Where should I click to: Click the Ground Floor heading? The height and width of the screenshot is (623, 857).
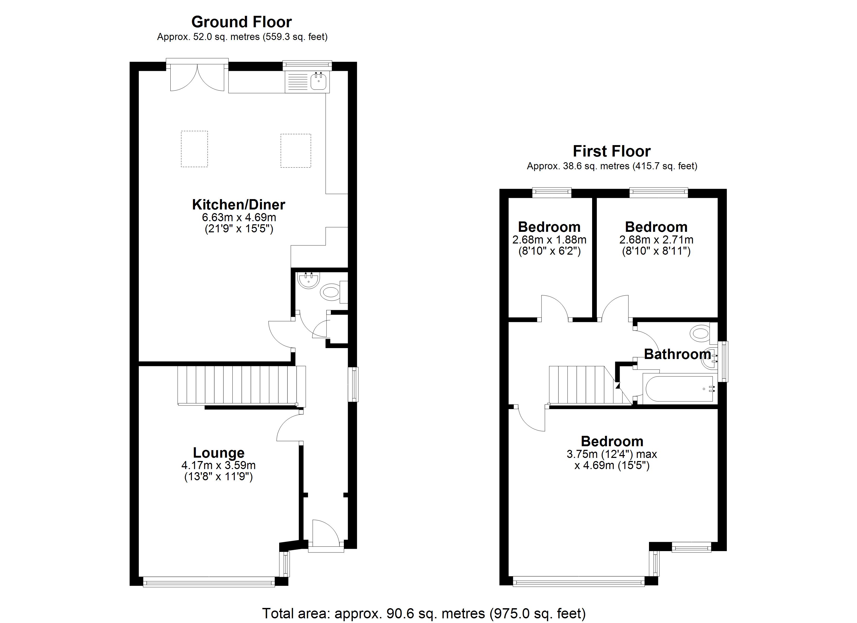click(x=242, y=22)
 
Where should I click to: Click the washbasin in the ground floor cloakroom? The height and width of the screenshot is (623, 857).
click(x=309, y=280)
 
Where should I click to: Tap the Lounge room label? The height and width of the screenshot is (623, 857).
click(x=218, y=453)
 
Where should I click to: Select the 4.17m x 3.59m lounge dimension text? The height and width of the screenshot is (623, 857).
click(x=218, y=465)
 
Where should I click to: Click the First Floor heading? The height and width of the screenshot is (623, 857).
click(x=611, y=151)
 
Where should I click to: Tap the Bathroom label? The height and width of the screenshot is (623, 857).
click(x=677, y=354)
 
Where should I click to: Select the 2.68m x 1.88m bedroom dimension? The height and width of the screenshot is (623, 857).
click(x=549, y=240)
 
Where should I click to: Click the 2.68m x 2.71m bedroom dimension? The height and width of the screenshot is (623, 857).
click(x=656, y=240)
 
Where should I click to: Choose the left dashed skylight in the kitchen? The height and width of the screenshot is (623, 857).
click(x=194, y=149)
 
